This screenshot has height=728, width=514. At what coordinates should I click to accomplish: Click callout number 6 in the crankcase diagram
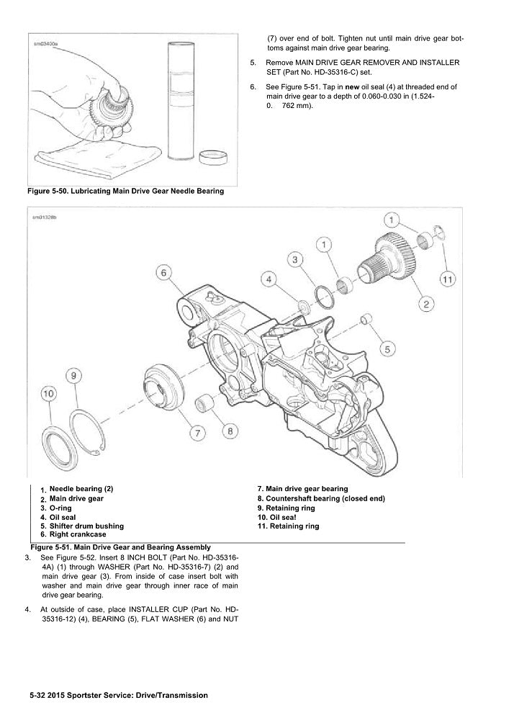click(163, 272)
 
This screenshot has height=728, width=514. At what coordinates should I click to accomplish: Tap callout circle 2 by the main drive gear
click(426, 305)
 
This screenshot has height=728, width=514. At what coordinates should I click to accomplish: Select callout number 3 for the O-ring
click(294, 259)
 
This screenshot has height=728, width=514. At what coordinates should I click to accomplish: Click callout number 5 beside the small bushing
click(387, 349)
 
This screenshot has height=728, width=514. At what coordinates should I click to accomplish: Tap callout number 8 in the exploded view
click(229, 431)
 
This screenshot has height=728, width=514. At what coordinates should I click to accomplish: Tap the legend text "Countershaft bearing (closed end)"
click(321, 498)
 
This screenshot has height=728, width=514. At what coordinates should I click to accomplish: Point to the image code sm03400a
click(46, 43)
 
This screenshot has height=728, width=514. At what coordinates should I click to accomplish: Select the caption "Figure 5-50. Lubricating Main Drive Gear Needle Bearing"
click(125, 192)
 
